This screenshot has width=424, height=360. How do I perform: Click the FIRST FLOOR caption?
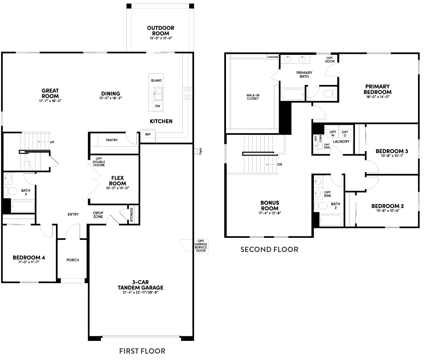pos(142,351)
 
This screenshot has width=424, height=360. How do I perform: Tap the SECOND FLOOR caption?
pos(269,250)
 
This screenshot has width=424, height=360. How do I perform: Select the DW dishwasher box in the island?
pos(156,105)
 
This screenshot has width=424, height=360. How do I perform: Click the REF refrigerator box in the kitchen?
pos(148,135)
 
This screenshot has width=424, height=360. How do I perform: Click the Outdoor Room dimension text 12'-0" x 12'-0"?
pos(160,38)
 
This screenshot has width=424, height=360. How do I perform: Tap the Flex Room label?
pos(118,181)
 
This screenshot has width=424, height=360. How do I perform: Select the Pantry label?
pos(112,140)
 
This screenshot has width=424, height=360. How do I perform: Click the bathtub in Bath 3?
pos(22,206)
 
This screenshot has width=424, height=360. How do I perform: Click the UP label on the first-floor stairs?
pos(52,142)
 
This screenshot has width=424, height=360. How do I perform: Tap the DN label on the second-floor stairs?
pos(279,164)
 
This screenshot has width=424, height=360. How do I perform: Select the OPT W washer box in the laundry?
pos(333,133)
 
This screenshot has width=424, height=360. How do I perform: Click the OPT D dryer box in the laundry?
pos(345,133)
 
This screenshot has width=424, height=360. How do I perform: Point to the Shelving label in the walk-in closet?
pos(272,57)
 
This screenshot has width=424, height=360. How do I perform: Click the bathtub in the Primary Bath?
pos(293,95)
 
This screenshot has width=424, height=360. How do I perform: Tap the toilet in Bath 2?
pos(323,206)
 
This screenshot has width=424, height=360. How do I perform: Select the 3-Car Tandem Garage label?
pos(140,285)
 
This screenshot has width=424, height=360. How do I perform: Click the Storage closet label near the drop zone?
pos(131,215)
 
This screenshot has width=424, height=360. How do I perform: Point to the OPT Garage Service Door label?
pos(200,245)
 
